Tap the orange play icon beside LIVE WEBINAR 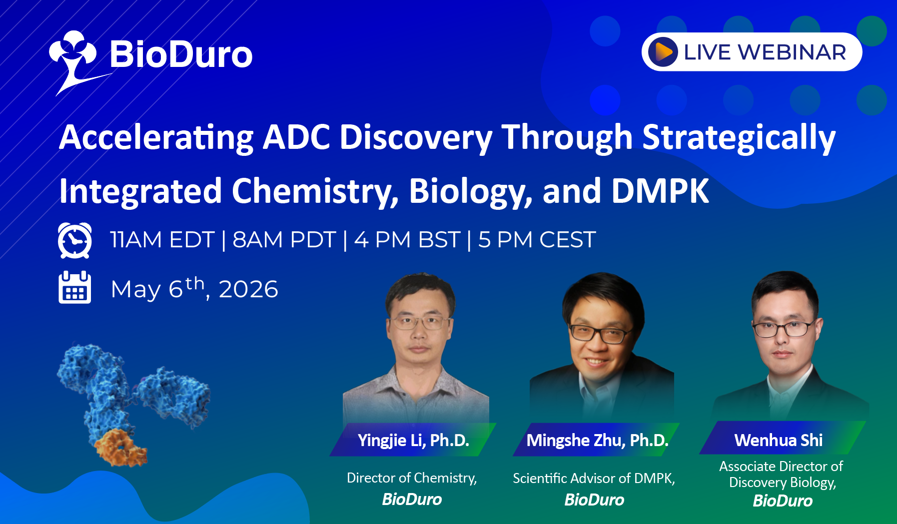tap(663, 52)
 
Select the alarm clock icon tap(75, 240)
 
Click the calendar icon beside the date tap(75, 287)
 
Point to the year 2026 tap(248, 289)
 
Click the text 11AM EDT tap(162, 240)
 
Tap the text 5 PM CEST tap(537, 240)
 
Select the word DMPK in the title tap(660, 191)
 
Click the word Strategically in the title tap(739, 138)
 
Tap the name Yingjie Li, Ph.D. tap(413, 440)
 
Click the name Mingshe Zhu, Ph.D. tap(597, 440)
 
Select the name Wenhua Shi tap(779, 440)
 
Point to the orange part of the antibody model tap(120, 447)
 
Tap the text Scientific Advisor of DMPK tap(594, 478)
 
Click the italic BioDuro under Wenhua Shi tap(783, 501)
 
